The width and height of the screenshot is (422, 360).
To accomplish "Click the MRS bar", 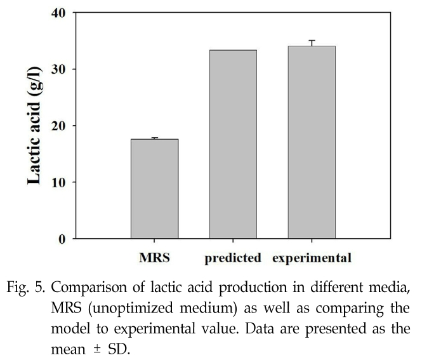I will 154,189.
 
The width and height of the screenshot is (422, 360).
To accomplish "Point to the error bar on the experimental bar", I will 312,43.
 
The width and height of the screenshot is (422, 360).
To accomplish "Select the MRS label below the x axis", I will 154,258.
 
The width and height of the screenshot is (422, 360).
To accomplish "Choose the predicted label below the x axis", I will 233,258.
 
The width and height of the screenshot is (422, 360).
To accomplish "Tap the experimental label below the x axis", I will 312,258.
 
